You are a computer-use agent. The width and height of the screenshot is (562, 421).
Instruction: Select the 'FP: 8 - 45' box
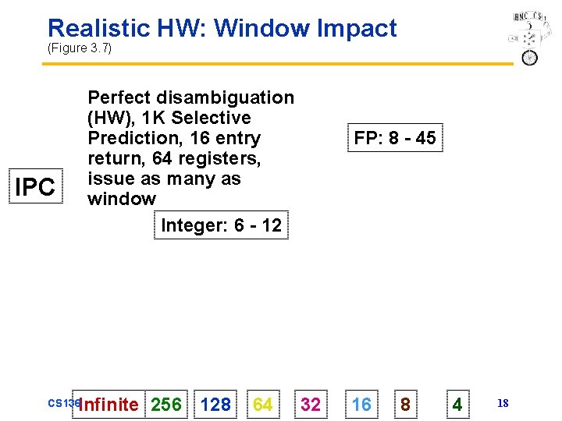pyautogui.click(x=394, y=138)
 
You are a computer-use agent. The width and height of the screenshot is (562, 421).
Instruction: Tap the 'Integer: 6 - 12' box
pyautogui.click(x=221, y=225)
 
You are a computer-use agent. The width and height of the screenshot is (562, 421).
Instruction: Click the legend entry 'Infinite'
pyautogui.click(x=108, y=405)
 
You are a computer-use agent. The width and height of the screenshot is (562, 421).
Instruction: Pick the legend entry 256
pyautogui.click(x=166, y=405)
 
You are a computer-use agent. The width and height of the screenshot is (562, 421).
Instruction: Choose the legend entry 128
pyautogui.click(x=215, y=405)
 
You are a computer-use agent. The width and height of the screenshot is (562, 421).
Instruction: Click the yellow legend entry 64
pyautogui.click(x=263, y=405)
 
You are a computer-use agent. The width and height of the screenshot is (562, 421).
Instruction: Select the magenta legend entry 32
pyautogui.click(x=311, y=405)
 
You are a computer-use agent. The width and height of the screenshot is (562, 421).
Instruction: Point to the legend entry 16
pyautogui.click(x=361, y=405)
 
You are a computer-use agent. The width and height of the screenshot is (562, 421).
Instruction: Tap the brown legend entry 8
pyautogui.click(x=405, y=405)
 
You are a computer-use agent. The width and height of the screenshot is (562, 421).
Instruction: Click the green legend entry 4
pyautogui.click(x=457, y=405)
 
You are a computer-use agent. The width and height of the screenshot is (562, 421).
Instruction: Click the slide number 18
pyautogui.click(x=503, y=403)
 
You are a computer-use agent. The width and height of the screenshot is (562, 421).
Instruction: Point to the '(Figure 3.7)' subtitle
pyautogui.click(x=80, y=48)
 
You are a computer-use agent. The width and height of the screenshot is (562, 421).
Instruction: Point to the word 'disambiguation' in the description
pyautogui.click(x=226, y=97)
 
